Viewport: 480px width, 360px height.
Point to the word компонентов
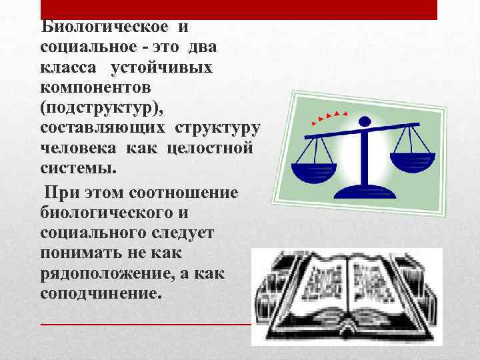pyautogui.click(x=95, y=87)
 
